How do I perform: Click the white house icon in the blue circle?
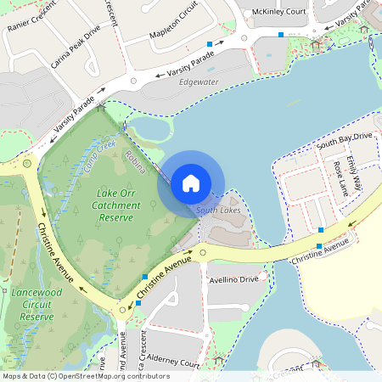(x=191, y=183)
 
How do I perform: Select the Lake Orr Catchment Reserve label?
(x=115, y=205)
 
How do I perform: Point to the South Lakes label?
(x=218, y=210)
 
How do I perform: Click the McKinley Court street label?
(x=279, y=12)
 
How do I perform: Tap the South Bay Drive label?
(x=345, y=140)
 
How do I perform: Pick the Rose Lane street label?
(x=340, y=179)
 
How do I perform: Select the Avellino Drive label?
(x=233, y=279)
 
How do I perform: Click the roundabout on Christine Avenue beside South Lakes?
(x=202, y=252)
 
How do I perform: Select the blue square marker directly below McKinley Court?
(x=281, y=35)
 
